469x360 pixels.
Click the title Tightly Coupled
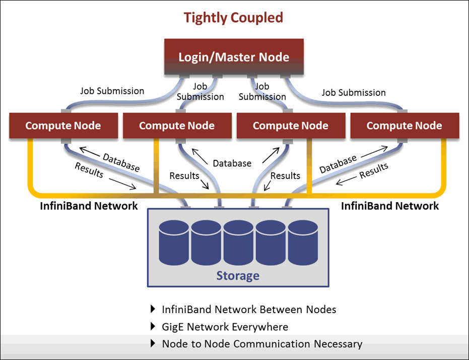pos(233,18)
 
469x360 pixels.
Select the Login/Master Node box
pos(234,56)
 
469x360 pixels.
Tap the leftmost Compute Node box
pos(63,126)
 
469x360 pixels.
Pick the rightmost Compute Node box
pos(404,126)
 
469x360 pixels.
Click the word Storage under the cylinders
pos(238,275)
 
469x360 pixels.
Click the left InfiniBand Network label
pos(89,206)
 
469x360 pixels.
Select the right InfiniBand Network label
pos(390,206)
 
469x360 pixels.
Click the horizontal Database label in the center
pos(232,163)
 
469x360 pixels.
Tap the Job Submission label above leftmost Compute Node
pos(112,91)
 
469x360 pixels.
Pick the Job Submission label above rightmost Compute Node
pos(354,92)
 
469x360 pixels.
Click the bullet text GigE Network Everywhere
pos(225,327)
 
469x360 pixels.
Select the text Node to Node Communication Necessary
pos(262,344)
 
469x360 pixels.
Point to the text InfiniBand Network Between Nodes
pos(249,309)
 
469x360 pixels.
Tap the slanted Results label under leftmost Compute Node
pos(89,170)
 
